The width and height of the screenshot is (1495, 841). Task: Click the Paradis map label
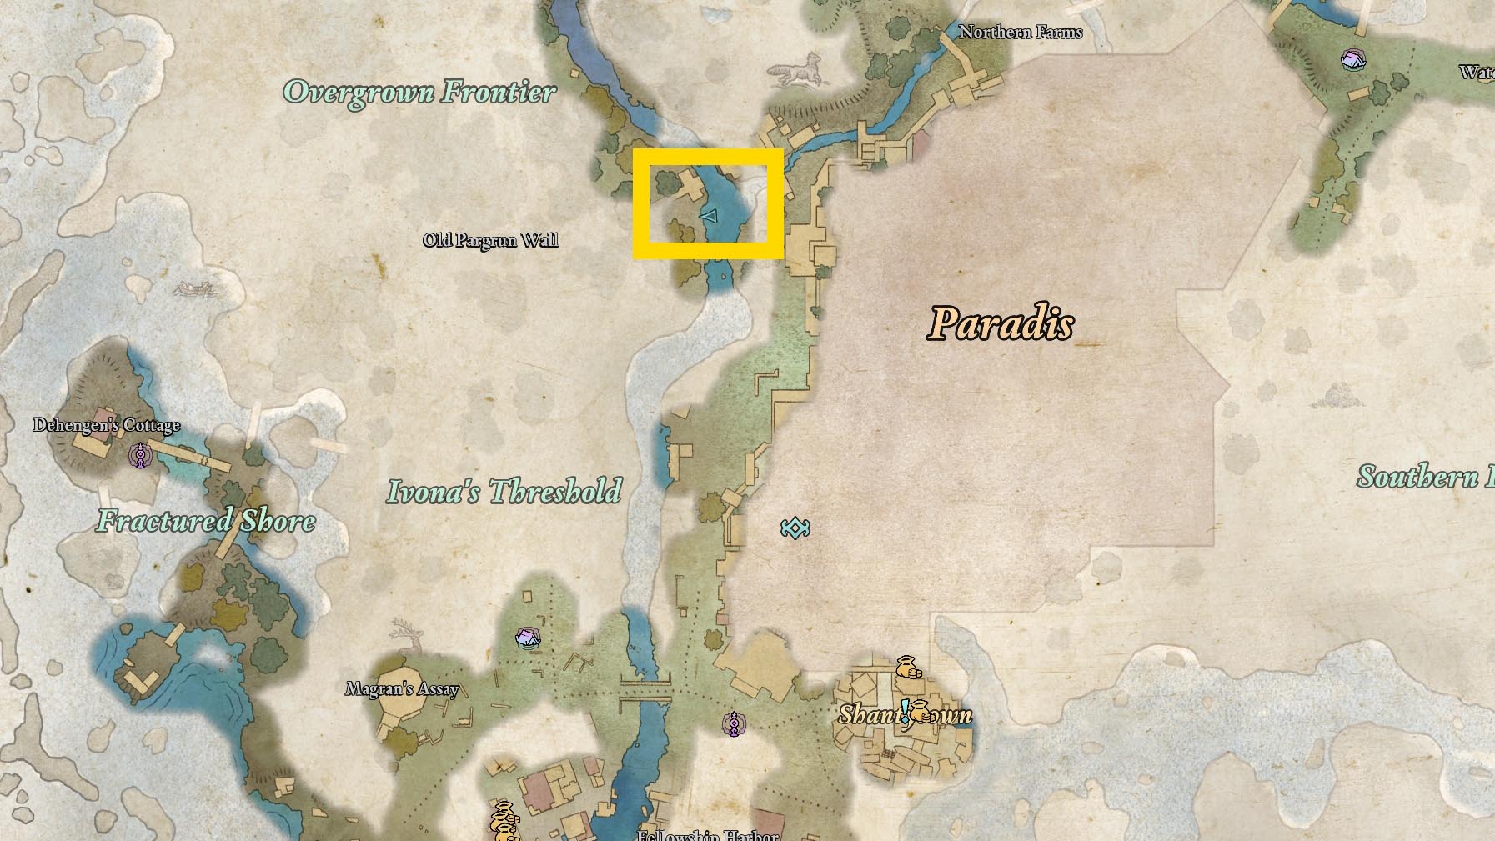1000,323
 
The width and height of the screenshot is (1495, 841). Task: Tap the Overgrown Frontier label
419,92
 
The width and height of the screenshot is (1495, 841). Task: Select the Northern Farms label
1020,32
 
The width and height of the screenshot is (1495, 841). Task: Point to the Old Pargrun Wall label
490,240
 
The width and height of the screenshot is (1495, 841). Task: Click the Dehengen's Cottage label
106,425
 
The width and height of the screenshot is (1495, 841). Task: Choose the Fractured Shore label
206,521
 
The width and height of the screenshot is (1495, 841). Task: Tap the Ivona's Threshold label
504,491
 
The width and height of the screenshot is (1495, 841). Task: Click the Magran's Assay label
402,688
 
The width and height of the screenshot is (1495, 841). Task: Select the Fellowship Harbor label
707,834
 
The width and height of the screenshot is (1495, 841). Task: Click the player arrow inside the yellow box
710,217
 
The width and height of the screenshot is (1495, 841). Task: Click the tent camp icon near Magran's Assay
527,638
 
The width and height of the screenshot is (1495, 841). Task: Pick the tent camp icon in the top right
1352,58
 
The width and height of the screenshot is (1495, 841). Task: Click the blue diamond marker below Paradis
795,528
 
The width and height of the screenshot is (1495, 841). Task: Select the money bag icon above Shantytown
907,667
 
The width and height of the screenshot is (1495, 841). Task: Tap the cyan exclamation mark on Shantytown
905,710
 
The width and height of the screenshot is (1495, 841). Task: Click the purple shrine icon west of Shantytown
734,723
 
